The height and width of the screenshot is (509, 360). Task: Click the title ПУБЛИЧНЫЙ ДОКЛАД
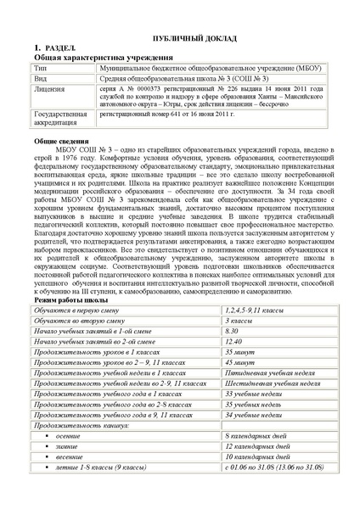(180, 39)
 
